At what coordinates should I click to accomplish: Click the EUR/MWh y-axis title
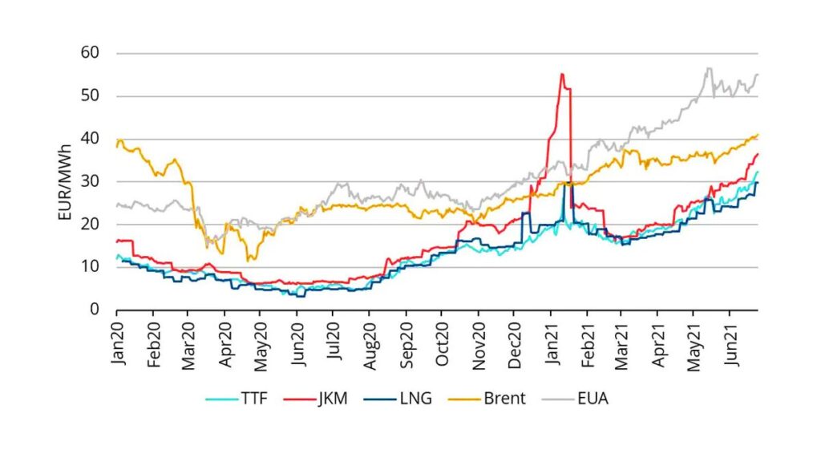[67, 182]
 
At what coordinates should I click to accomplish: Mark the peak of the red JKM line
[562, 74]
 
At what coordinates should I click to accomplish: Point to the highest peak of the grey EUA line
[708, 68]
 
